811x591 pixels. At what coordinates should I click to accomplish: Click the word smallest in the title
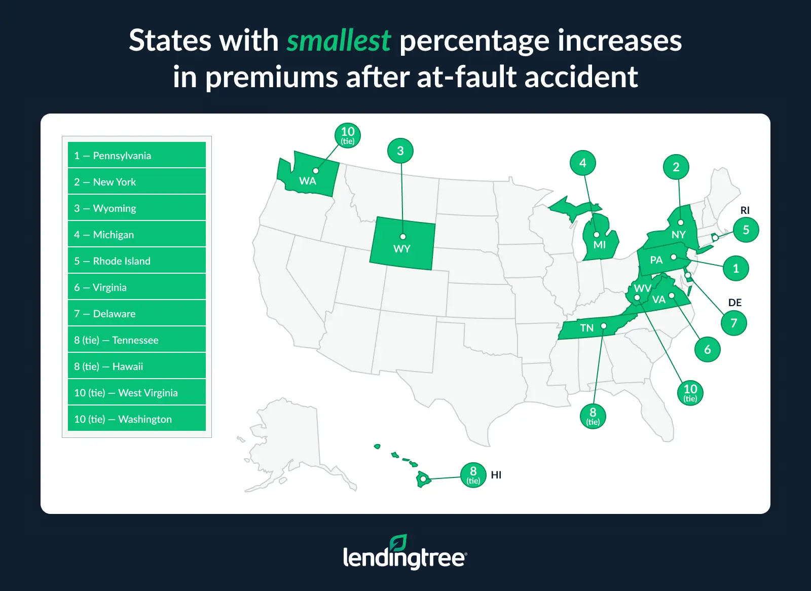click(338, 41)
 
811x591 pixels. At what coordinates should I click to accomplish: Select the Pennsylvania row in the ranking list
click(137, 156)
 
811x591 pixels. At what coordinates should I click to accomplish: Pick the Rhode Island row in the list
click(137, 261)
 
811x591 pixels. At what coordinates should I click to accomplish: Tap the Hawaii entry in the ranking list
click(137, 366)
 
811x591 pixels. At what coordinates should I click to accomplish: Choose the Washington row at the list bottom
click(137, 419)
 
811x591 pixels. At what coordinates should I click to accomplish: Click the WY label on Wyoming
click(402, 249)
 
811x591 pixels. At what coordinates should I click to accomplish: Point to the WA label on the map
click(308, 181)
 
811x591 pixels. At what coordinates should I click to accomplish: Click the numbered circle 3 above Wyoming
click(400, 151)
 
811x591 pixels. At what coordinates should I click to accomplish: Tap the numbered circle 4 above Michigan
click(583, 163)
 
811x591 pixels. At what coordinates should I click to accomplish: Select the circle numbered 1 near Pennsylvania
click(736, 269)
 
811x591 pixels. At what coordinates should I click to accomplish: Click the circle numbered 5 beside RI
click(746, 230)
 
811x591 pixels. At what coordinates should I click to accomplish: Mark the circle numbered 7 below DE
click(734, 323)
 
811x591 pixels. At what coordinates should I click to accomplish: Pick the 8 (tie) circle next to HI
click(473, 475)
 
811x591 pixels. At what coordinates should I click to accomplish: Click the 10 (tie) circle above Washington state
click(348, 135)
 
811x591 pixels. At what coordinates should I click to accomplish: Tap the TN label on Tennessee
click(586, 328)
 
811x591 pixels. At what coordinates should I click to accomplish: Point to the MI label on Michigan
click(600, 245)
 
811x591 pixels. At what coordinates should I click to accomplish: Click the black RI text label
click(745, 210)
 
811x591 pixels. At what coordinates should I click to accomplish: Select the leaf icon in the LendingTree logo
click(398, 543)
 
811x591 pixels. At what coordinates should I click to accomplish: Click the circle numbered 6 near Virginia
click(708, 350)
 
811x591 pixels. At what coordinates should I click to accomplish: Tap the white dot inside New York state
click(680, 223)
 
